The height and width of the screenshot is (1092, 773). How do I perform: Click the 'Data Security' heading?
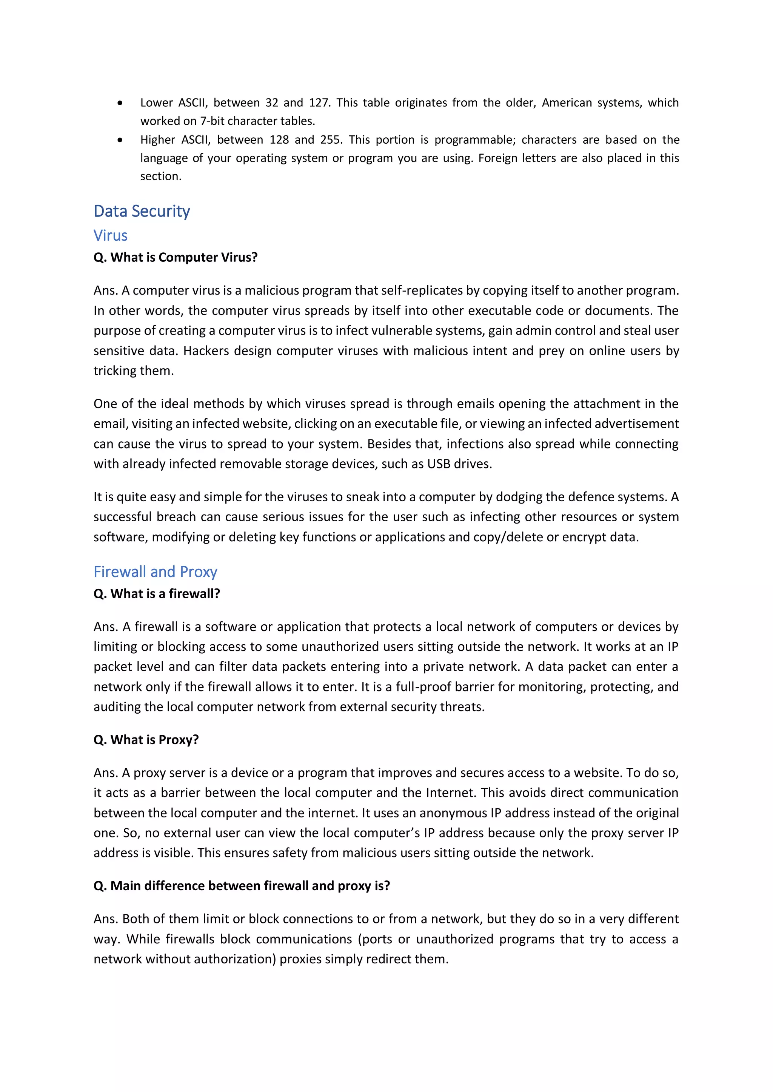142,211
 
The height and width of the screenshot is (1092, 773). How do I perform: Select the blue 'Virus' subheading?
111,235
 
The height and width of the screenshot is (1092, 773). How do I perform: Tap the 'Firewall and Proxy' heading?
155,572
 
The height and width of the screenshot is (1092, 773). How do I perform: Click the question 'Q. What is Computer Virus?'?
175,257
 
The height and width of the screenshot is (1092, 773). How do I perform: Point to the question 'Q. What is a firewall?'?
157,594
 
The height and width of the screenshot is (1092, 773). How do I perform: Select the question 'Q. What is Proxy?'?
146,740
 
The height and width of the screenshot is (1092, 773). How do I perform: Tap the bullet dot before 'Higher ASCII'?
120,140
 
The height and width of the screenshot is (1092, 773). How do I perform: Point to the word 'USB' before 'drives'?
438,464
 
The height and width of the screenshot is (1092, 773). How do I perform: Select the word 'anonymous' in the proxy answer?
453,813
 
